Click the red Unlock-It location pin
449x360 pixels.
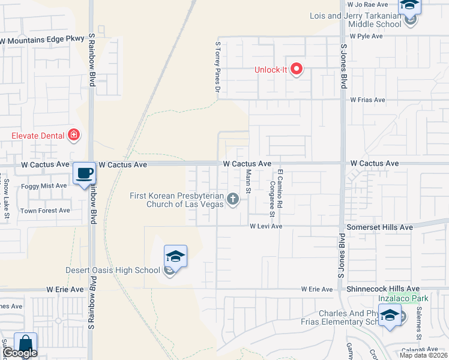(x=296, y=70)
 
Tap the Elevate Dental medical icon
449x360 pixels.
(x=74, y=136)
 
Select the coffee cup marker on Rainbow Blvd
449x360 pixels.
(x=84, y=173)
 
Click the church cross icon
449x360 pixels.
(x=232, y=199)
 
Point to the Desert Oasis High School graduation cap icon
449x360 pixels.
(x=176, y=257)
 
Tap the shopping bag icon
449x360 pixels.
(x=25, y=344)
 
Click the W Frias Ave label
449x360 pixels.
(x=367, y=100)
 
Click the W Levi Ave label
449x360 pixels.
(x=266, y=226)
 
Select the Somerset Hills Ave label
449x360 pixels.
(x=380, y=227)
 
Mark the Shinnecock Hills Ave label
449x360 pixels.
(x=383, y=289)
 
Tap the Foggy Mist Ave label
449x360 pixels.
(x=44, y=186)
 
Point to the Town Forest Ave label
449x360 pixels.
(x=46, y=211)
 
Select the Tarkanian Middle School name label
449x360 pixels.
(x=355, y=20)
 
